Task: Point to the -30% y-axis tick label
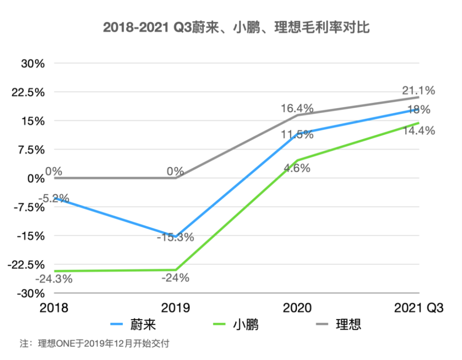click(x=31, y=293)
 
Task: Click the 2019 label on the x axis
click(x=176, y=308)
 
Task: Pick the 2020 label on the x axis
click(x=297, y=308)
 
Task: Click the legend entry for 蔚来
click(x=133, y=325)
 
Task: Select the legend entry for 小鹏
click(x=236, y=325)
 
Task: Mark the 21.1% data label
click(x=418, y=90)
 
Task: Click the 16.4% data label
click(x=297, y=108)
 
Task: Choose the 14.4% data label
click(x=418, y=131)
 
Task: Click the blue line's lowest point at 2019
click(x=176, y=236)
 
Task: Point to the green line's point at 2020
click(x=297, y=160)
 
